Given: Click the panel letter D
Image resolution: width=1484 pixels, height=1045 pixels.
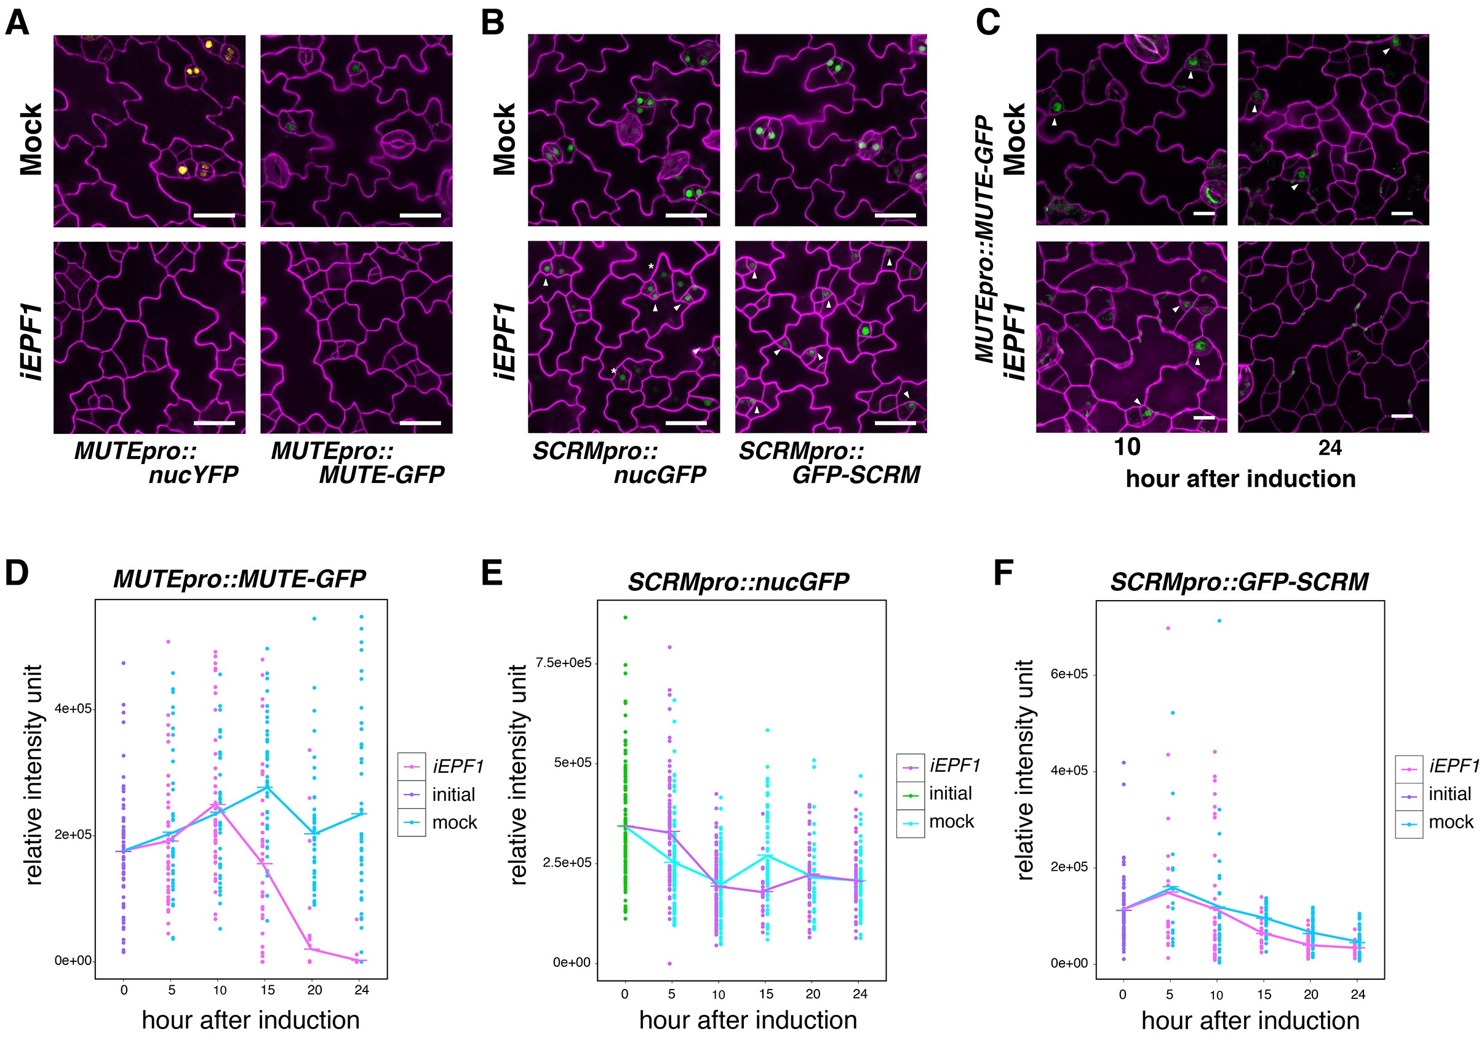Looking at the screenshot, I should point(17,573).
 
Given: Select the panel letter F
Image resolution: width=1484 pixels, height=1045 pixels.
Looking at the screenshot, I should point(1002,573).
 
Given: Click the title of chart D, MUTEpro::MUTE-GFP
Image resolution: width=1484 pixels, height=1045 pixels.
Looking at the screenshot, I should point(239,579).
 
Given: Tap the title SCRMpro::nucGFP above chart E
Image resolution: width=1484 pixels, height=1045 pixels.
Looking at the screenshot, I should point(738,582).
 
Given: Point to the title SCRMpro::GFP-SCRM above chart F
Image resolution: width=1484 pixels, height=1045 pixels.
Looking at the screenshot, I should point(1239,582).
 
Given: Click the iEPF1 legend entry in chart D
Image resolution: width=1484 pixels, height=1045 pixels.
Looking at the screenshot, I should point(457,767).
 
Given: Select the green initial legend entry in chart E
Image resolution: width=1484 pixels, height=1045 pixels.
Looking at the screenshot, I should point(949,793).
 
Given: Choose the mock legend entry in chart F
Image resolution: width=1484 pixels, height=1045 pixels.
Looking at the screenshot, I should point(1450,823).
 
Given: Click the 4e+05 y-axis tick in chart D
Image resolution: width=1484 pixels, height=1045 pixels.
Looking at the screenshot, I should point(73,709).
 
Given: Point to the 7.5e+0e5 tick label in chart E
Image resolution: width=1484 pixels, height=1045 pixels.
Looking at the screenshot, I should point(563,663).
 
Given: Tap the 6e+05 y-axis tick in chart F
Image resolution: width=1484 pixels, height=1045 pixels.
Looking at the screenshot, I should point(1069,675).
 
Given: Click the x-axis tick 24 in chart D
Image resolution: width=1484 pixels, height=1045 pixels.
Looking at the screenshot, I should point(361,990).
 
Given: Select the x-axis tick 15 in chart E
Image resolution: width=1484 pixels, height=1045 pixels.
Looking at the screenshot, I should point(766,994).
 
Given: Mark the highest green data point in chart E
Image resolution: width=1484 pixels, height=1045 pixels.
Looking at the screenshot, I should point(625,617).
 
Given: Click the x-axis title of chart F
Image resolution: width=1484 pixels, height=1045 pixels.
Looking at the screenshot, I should point(1250,1021).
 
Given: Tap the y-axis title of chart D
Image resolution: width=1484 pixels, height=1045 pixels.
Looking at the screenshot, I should point(34,775).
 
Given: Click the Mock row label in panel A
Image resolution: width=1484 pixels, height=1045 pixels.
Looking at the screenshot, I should point(31,139).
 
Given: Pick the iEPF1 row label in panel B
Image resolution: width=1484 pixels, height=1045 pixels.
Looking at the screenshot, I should point(504,342).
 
